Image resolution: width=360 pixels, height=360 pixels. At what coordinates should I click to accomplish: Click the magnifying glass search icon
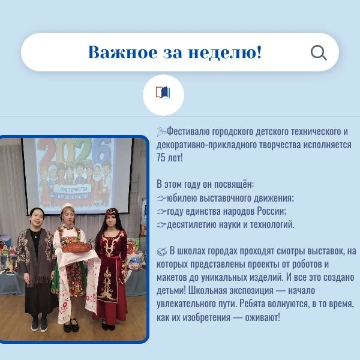(x=319, y=53)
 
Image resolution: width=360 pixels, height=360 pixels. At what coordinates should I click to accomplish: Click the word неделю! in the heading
(x=225, y=52)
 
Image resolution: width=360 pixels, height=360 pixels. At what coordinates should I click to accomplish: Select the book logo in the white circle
(x=163, y=92)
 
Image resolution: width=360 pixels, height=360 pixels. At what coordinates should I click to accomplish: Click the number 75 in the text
(x=161, y=158)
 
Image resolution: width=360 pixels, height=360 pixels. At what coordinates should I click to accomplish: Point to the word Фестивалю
(x=188, y=132)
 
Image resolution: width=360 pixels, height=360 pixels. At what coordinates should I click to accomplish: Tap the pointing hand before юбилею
(x=161, y=198)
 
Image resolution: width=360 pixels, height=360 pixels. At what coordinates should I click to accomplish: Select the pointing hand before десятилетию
(x=161, y=225)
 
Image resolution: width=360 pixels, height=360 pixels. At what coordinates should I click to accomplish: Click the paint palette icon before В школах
(x=161, y=251)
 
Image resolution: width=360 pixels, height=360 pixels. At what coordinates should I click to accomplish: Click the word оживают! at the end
(x=263, y=317)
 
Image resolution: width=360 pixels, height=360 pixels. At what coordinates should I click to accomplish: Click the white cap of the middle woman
(x=67, y=206)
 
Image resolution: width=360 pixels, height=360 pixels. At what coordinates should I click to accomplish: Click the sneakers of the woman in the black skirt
(x=39, y=325)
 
